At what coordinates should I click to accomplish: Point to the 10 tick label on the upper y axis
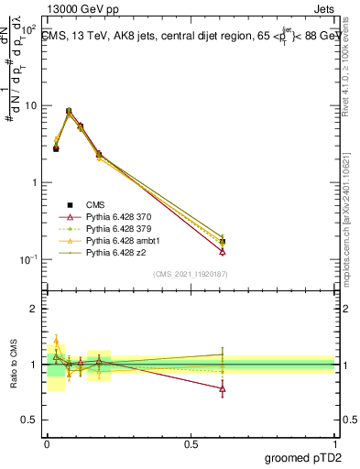point(30,106)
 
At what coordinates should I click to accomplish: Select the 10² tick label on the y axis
point(28,29)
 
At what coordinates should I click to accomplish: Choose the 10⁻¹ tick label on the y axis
point(28,260)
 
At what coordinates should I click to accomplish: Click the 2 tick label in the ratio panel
point(34,310)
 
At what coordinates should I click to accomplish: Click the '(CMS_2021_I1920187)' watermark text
point(191,272)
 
